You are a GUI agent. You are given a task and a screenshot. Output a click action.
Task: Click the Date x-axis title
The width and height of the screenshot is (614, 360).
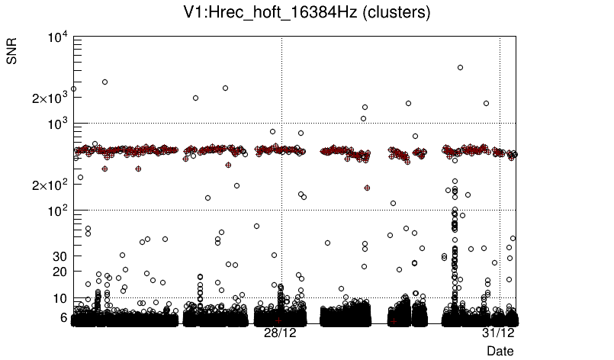[x=500, y=351]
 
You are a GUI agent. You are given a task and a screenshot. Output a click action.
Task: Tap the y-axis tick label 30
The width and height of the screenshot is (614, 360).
[x=61, y=256]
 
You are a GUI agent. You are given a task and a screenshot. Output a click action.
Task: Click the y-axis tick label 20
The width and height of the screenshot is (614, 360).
[x=61, y=272]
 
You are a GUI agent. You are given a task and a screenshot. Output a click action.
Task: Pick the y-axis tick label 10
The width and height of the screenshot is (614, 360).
[x=61, y=297]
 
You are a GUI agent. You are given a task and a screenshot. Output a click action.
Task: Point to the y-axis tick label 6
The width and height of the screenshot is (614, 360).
[x=64, y=317]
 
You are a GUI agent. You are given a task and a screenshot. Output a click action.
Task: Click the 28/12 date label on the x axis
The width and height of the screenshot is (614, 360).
[x=280, y=333]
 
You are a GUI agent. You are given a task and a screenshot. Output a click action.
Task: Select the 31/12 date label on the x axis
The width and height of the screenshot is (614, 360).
[x=500, y=333]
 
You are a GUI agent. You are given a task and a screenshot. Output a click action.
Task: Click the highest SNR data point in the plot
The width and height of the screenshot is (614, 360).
[x=460, y=67]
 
